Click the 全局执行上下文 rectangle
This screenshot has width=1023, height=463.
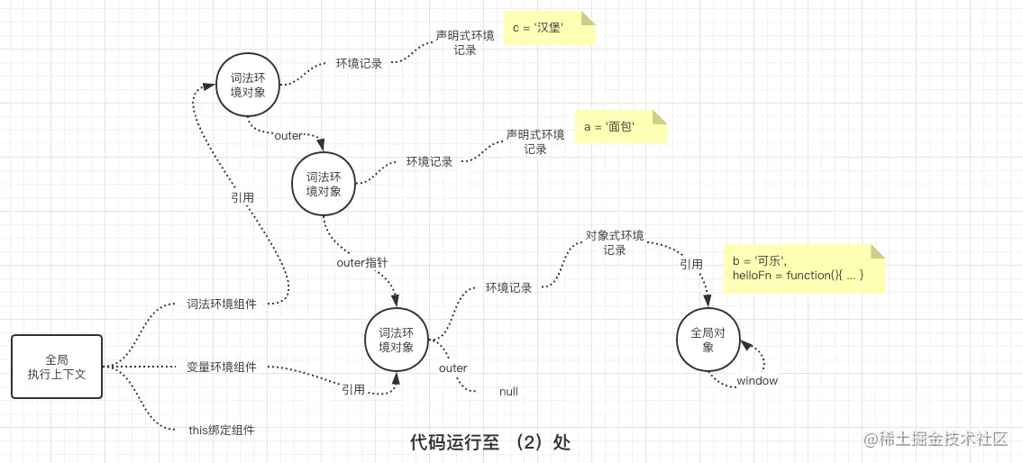[x=57, y=367]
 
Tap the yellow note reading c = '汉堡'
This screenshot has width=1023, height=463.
[x=550, y=29]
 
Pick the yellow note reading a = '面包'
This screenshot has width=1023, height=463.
[x=620, y=127]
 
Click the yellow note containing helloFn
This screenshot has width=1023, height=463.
[x=804, y=268]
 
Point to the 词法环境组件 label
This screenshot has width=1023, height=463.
[x=222, y=304]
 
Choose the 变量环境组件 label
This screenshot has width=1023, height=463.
[x=222, y=368]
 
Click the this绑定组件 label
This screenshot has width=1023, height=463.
[x=222, y=431]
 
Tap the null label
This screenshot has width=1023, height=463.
[x=508, y=392]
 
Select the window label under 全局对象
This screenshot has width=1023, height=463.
[x=757, y=381]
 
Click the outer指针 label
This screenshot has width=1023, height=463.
[x=362, y=263]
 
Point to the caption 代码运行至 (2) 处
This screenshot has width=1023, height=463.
[x=490, y=442]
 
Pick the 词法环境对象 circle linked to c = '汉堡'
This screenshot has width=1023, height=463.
[x=248, y=86]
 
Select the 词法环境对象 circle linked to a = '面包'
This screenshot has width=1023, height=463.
[x=324, y=184]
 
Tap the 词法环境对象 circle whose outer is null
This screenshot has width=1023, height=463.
[x=397, y=340]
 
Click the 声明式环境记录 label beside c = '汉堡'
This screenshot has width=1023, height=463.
[x=465, y=42]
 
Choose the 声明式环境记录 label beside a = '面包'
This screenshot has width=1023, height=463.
[x=535, y=141]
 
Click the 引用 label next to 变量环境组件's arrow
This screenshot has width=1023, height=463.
[x=353, y=389]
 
